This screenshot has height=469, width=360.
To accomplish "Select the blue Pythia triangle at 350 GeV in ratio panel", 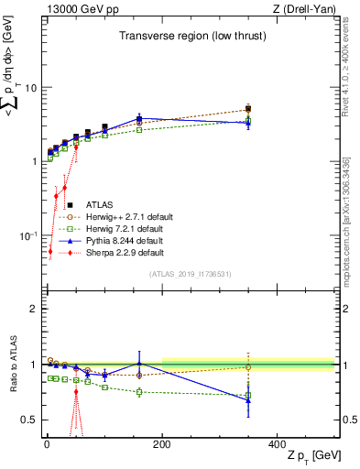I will coord(248,400).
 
